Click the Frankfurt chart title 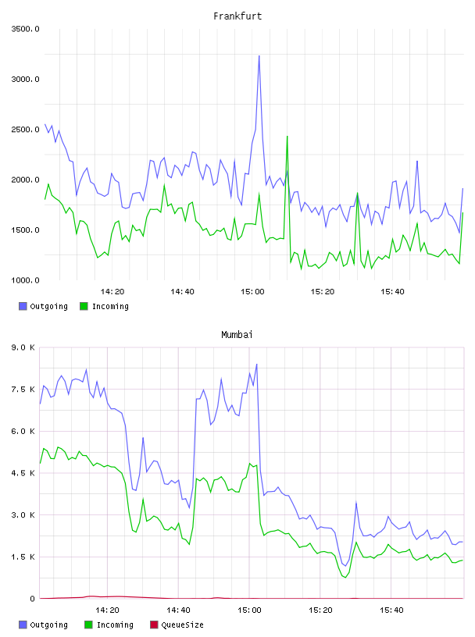tap(237, 16)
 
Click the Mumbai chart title tap(237, 335)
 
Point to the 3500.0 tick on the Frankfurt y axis tap(25, 29)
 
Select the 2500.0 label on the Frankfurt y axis tap(25, 130)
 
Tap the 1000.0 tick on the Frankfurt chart tap(25, 280)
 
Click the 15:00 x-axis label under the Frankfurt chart tap(252, 292)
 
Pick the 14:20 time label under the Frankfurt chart tap(112, 292)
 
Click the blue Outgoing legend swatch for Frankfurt tap(23, 306)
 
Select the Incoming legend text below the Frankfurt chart tap(110, 306)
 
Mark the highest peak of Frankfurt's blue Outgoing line tap(259, 56)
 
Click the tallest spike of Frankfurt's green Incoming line tap(287, 137)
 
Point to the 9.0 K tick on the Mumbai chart tap(23, 347)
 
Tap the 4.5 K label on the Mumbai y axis tap(23, 473)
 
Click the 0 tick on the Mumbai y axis tap(32, 599)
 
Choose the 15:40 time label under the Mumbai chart tap(391, 610)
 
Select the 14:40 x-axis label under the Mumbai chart tap(179, 610)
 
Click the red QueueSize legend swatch tap(154, 625)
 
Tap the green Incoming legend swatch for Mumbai tap(88, 625)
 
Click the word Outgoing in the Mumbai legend tap(48, 625)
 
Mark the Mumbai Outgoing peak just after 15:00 tap(256, 365)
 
